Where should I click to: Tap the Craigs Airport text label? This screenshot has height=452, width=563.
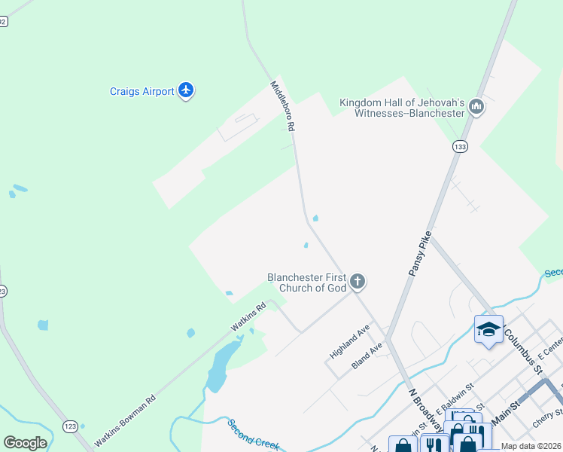point(142,92)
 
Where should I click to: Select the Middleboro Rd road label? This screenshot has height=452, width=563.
point(283,107)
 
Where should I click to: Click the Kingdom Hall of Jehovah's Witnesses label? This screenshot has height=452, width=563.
point(401,108)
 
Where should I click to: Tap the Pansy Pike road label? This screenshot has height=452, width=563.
point(418,252)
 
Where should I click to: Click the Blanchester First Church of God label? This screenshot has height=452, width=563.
point(306,282)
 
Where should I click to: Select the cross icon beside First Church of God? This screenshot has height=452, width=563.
point(358,282)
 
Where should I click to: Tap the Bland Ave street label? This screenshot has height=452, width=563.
point(367,356)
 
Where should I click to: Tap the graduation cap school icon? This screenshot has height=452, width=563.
point(488,329)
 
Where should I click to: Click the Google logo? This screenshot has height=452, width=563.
point(25,443)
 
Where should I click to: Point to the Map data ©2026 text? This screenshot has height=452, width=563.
point(531,446)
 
